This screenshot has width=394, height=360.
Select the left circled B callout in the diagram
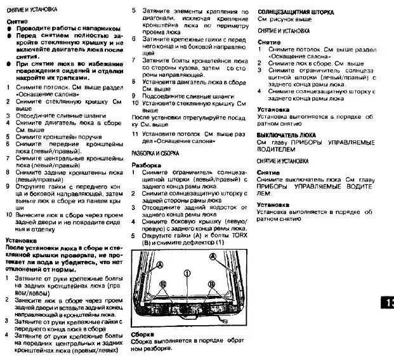(164, 284)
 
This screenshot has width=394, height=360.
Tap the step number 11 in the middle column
(135, 135)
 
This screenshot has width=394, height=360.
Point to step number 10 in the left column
(8, 215)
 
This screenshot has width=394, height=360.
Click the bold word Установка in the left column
(23, 241)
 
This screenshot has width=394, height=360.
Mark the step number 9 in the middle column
(135, 96)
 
